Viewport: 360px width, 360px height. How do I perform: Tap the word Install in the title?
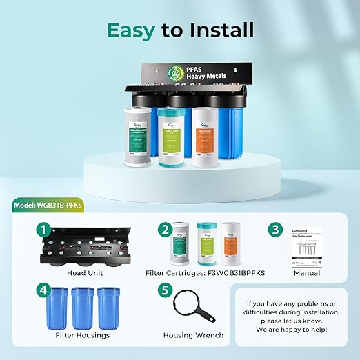216,30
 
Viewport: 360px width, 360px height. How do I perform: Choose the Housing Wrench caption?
193,336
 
